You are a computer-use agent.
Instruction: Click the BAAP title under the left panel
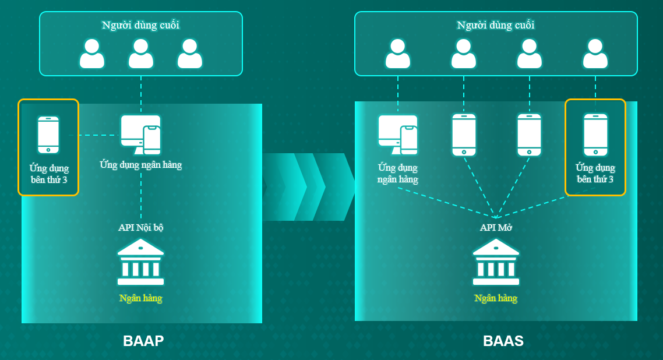pos(143,341)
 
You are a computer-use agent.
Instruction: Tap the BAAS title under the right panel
pos(503,341)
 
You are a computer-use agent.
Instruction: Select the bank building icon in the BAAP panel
pos(141,262)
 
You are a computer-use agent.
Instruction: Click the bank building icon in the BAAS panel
pos(496,262)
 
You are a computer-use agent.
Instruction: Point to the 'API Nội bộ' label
pos(141,227)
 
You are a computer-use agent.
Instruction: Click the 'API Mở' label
pos(496,227)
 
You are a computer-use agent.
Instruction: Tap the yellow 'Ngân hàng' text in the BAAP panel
pos(141,298)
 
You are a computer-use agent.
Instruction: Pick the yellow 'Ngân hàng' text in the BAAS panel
pos(496,298)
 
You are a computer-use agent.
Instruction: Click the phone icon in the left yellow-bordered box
pos(48,135)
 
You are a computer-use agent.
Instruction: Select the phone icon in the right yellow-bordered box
pos(595,135)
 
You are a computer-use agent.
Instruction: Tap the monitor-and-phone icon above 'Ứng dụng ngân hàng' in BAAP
pos(141,135)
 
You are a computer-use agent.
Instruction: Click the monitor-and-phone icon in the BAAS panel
pos(398,135)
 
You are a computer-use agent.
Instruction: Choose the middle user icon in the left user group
pos(141,54)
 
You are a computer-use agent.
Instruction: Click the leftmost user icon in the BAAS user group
pos(398,54)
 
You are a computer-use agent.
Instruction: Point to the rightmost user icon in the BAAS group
pos(595,54)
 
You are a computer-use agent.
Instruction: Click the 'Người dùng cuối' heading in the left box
pos(141,25)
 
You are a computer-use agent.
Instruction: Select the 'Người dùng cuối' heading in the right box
pos(496,25)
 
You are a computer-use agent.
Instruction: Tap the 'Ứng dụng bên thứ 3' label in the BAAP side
pos(49,174)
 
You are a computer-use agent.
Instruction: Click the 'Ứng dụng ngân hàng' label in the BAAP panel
pos(141,164)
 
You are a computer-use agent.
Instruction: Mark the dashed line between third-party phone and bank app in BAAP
pos(94,135)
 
